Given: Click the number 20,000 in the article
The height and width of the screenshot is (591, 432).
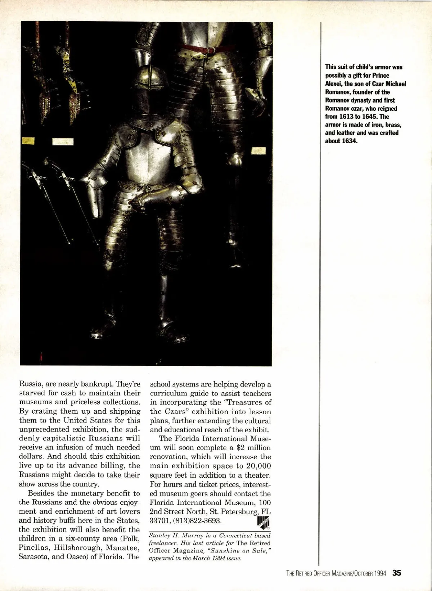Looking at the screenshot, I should click(256, 466).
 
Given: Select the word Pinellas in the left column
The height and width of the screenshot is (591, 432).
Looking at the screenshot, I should click(33, 548).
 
